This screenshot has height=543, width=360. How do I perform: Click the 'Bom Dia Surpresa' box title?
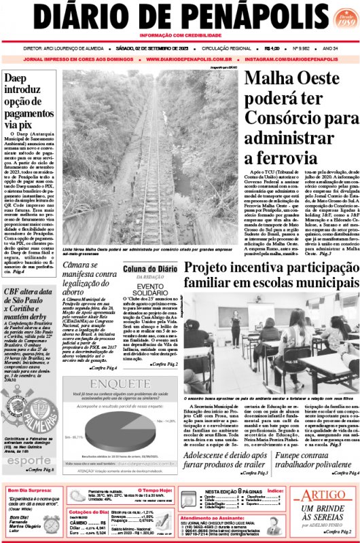[x=30, y=490]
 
